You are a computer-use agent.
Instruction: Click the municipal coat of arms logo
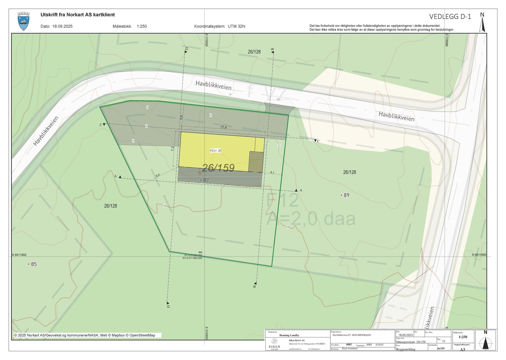23,21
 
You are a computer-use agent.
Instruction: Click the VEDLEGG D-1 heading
450,17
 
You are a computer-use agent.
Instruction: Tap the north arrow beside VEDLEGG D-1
482,22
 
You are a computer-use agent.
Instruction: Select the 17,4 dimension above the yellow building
223,127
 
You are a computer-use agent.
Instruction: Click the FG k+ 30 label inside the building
216,151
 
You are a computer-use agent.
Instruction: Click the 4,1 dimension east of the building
272,172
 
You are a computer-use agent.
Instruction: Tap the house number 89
346,195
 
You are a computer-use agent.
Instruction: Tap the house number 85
33,264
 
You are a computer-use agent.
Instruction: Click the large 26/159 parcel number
218,168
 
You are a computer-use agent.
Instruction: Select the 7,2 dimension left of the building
173,149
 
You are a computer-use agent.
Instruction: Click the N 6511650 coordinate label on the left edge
19,255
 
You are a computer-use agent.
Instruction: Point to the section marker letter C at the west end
101,125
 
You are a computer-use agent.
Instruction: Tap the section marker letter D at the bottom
168,306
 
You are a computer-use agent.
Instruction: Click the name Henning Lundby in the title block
289,335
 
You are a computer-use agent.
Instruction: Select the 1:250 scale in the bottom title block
462,337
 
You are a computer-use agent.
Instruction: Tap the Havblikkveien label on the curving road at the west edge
46,131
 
